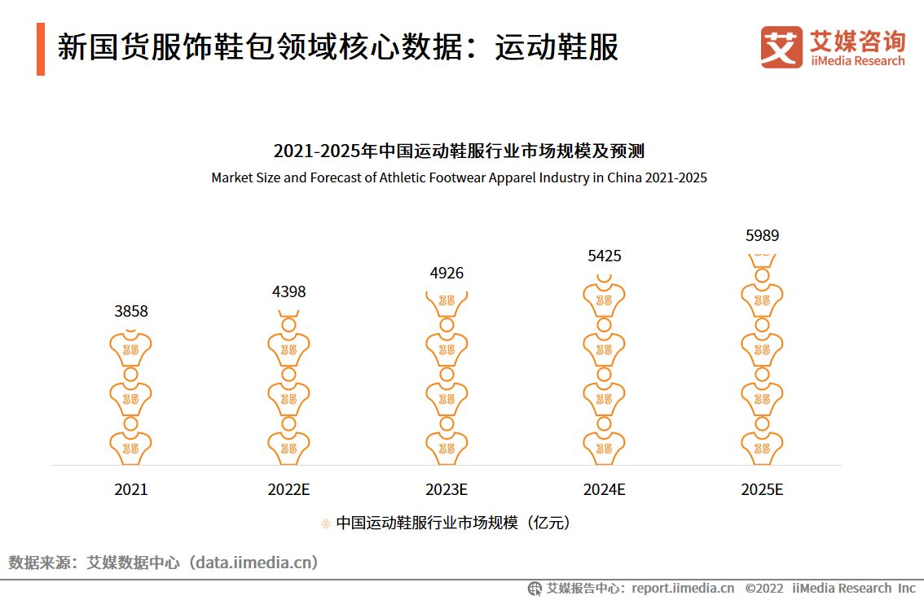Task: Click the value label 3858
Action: [130, 311]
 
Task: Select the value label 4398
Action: [288, 291]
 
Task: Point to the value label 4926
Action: [447, 273]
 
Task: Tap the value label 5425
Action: [604, 256]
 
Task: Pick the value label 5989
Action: [762, 236]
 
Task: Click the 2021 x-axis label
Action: [130, 489]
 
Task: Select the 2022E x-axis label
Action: [288, 489]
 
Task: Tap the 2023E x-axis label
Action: [447, 489]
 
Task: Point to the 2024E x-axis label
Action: [604, 489]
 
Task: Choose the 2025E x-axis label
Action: [762, 489]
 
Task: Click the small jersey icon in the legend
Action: [326, 523]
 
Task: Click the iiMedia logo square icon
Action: [781, 47]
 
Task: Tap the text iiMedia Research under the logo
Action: [857, 61]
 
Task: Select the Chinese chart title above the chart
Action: [459, 151]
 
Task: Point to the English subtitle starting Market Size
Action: [459, 177]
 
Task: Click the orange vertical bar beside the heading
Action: [41, 49]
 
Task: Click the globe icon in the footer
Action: [535, 588]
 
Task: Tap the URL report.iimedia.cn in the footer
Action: [683, 588]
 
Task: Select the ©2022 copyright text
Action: [763, 588]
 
